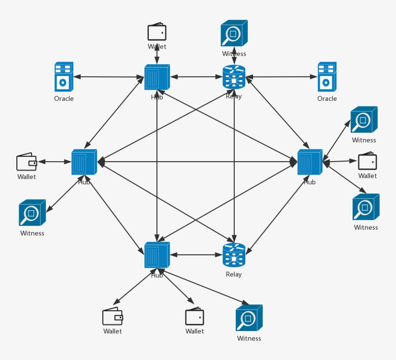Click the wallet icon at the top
pos(157,32)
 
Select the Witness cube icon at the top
pos(234,33)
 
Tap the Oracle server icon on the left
pos(63,77)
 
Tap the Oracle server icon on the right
pos(326,77)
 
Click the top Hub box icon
pos(157,77)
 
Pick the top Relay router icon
pos(234,77)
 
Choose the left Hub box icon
pos(85,162)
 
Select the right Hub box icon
pos(310,162)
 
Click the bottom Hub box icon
pos(157,255)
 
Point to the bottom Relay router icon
pos(234,255)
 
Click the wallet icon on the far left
pos(27,162)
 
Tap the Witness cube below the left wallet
pos(32,213)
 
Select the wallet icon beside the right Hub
pos(367,161)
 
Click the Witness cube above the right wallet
pos(364,120)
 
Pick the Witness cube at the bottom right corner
pos(366,208)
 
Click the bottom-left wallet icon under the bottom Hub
pos(113,317)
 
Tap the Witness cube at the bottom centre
pos(249,318)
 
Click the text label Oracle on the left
pos(64,99)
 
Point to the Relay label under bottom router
pos(234,275)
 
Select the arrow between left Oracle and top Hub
pos(109,77)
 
